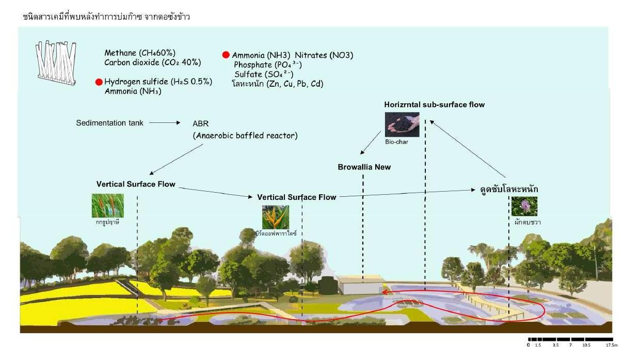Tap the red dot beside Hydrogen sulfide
click(99, 82)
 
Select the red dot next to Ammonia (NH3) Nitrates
click(226, 55)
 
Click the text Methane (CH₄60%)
click(140, 53)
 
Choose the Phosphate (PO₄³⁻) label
click(267, 65)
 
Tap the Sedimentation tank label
click(109, 123)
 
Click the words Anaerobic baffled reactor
click(245, 136)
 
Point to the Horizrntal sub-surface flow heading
click(434, 105)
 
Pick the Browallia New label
click(364, 167)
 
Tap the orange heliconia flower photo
click(276, 217)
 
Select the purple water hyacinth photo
click(524, 206)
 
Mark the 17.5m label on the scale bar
click(612, 345)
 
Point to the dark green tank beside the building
click(326, 285)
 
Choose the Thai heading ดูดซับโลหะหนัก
click(509, 189)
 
